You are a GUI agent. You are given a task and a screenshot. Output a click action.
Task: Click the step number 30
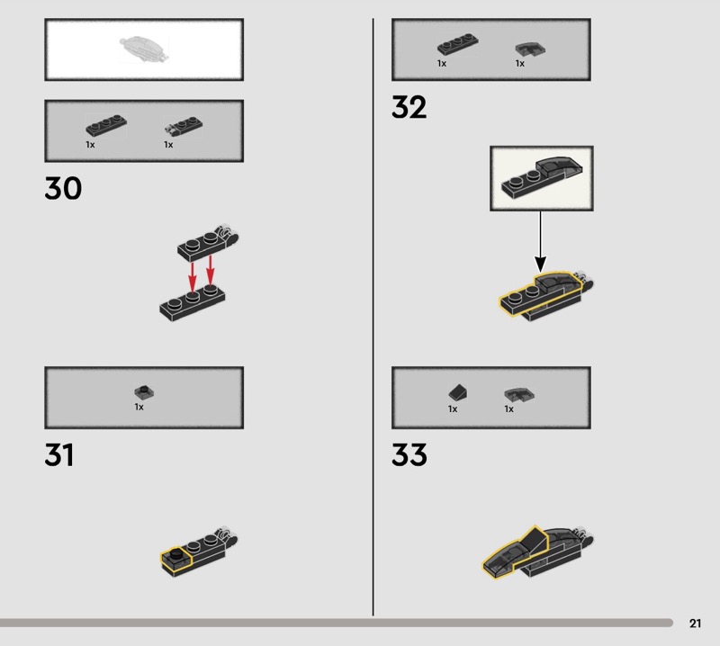point(63,188)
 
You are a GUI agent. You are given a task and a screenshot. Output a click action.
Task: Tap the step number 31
point(59,454)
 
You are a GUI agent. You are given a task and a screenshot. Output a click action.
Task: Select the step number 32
point(409,107)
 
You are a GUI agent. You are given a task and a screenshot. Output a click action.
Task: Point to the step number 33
point(409,454)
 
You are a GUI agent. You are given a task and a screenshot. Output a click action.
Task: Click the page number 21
point(695,623)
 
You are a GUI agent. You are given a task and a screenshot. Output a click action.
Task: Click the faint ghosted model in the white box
point(144,49)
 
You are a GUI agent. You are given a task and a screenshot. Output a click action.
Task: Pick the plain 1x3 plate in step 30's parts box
point(106,125)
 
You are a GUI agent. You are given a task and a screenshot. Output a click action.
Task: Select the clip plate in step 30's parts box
point(184,126)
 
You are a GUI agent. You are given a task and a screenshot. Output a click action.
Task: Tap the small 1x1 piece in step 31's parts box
point(144,391)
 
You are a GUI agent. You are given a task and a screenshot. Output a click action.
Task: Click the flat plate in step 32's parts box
point(457,44)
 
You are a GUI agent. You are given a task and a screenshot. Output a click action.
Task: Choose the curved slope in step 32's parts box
point(530,49)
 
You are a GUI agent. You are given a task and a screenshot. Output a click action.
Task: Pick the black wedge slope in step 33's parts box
point(458,392)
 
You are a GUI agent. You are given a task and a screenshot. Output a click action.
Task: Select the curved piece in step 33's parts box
point(519,395)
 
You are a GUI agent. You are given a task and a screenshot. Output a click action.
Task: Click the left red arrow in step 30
point(193,276)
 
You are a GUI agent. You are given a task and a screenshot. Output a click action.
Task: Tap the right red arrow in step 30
point(211,270)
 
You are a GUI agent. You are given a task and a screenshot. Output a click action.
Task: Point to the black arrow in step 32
point(541,241)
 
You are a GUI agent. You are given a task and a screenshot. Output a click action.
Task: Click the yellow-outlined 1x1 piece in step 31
point(175,561)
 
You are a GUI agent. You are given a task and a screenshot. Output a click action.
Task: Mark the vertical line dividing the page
point(373,317)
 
